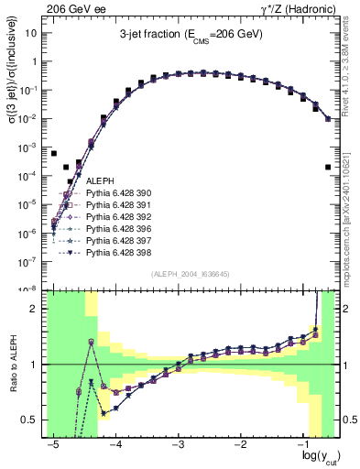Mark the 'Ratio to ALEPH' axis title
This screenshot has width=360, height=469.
(x=14, y=365)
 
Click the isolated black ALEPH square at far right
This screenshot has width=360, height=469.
(x=328, y=167)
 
